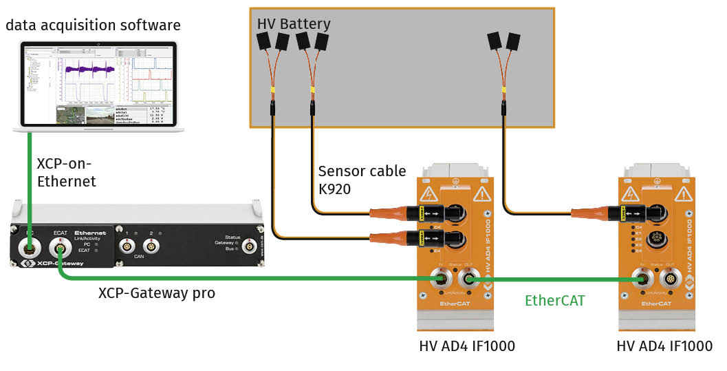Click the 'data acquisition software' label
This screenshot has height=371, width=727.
[93, 26]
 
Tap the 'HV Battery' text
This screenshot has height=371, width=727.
[294, 24]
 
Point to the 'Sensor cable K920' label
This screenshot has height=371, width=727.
[362, 179]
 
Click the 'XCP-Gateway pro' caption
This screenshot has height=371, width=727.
[157, 293]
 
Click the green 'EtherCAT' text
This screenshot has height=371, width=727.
[554, 300]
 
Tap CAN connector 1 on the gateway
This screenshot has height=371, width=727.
[127, 245]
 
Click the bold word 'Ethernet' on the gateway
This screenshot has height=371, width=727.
[90, 233]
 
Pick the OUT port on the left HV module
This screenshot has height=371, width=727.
[470, 279]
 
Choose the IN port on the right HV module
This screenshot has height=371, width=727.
[641, 279]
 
